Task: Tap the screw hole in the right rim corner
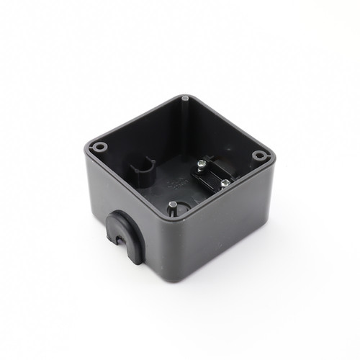258,155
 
